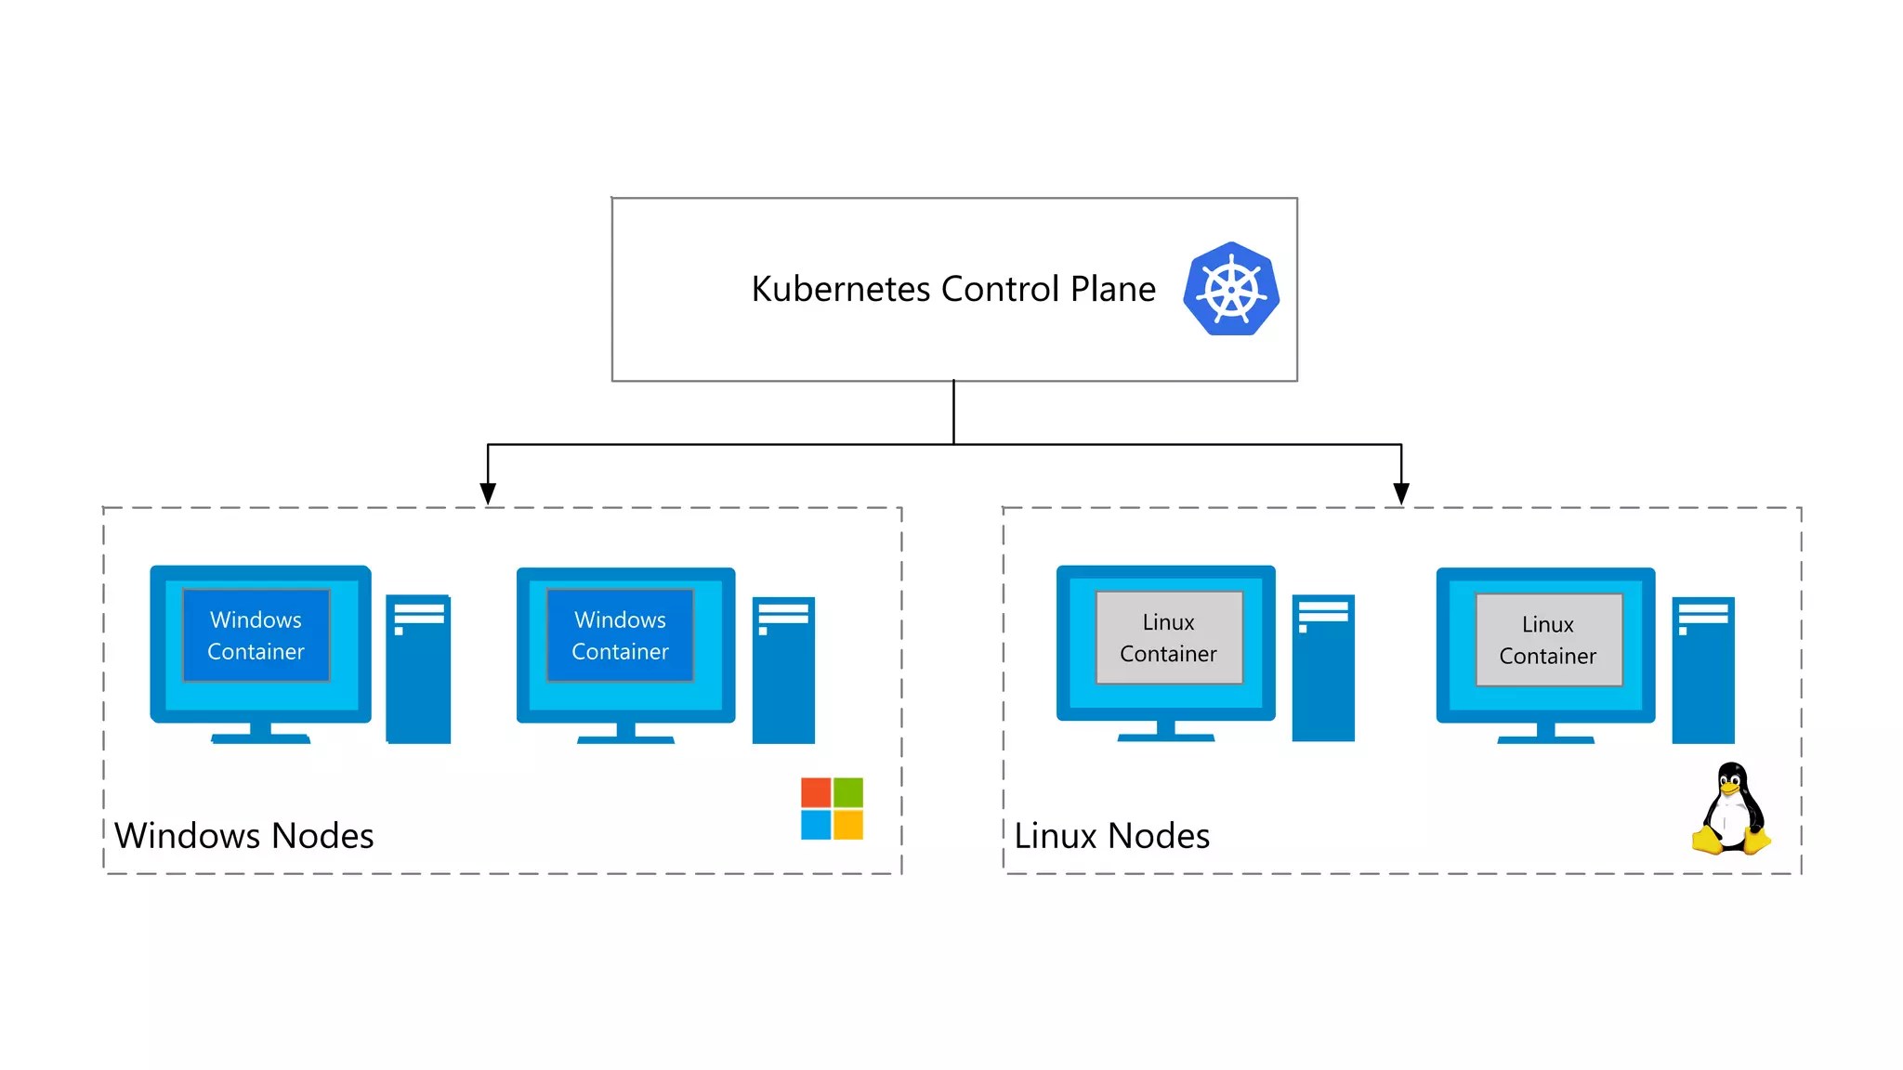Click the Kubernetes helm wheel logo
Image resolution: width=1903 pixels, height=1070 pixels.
[x=1231, y=289]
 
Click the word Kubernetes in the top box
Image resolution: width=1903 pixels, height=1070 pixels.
[x=840, y=289]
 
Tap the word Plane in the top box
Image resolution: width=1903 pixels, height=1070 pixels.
[x=1112, y=289]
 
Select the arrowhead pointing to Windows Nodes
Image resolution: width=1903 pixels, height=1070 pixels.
[x=488, y=493]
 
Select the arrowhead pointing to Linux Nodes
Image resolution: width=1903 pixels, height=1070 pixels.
[x=1401, y=493]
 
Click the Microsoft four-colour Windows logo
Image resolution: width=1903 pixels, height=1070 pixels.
[x=832, y=808]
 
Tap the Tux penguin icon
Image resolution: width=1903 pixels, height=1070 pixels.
[x=1731, y=809]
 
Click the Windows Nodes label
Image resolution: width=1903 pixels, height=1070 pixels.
[x=243, y=836]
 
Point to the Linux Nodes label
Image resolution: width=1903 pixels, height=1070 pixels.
[x=1111, y=836]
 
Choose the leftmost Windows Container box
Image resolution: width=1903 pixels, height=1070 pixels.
[x=256, y=635]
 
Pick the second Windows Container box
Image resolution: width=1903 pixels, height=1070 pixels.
[x=620, y=635]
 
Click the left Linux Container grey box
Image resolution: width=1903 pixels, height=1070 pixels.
[x=1169, y=637]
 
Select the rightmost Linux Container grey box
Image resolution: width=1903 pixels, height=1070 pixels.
[x=1548, y=640]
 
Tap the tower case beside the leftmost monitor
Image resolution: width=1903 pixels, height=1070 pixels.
[x=418, y=669]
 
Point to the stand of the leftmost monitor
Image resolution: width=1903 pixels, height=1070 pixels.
[x=261, y=733]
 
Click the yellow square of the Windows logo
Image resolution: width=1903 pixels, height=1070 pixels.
[x=847, y=824]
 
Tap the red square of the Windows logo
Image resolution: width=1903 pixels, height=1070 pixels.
[x=816, y=792]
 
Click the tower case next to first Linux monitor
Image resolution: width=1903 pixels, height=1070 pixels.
[x=1323, y=668]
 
